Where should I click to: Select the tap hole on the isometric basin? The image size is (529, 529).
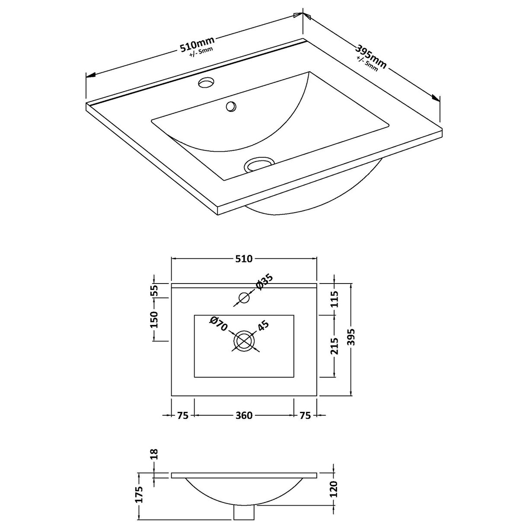coord(207,82)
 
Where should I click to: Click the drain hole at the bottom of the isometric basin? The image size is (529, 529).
coord(259,165)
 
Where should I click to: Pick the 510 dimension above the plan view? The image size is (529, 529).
coord(244,259)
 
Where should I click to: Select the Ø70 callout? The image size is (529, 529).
coord(218,324)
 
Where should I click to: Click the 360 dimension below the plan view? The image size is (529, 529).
coord(244,415)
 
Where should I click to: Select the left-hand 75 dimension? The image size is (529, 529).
coord(183,415)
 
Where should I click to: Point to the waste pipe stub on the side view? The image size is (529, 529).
coord(244,513)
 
